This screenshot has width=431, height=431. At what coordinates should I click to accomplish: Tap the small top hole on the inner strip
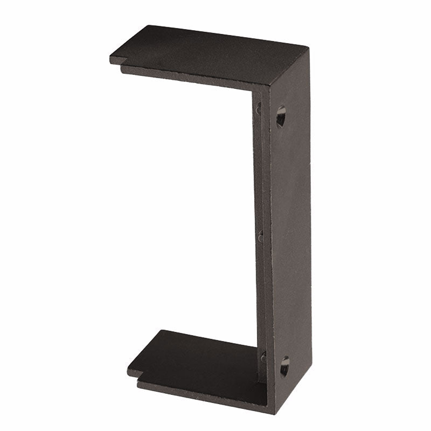[259, 108]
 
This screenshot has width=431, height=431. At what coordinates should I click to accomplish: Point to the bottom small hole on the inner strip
[263, 357]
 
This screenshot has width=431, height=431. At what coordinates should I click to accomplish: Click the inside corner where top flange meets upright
[253, 93]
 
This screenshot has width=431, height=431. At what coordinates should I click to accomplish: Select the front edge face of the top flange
[194, 75]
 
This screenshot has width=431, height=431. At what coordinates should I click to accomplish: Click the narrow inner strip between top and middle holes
[260, 172]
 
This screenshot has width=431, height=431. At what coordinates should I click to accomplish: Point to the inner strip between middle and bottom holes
[262, 296]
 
